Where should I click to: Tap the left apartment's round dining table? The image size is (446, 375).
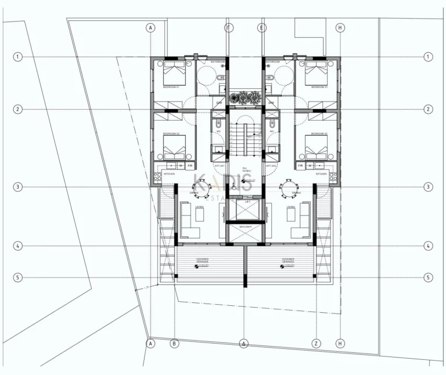pos(201,187)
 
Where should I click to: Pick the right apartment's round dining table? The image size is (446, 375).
pos(289,187)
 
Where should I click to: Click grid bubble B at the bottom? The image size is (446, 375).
pos(174,344)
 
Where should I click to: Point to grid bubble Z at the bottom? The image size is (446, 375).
pos(316,344)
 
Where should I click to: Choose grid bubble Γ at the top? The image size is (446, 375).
pos(229,28)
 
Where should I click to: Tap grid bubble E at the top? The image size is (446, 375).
pos(262,28)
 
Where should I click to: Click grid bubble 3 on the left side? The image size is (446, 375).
pos(19,187)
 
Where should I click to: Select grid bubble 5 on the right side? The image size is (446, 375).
pos(428,277)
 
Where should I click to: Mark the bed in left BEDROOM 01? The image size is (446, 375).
pos(174,74)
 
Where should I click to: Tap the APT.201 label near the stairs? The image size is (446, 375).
pos(219,165)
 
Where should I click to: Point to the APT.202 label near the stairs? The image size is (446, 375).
pos(270,165)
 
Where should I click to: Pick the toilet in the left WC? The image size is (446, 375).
pos(219,124)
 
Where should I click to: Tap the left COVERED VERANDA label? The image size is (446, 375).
pos(203,260)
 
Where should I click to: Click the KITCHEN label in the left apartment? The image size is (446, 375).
pos(169,174)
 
